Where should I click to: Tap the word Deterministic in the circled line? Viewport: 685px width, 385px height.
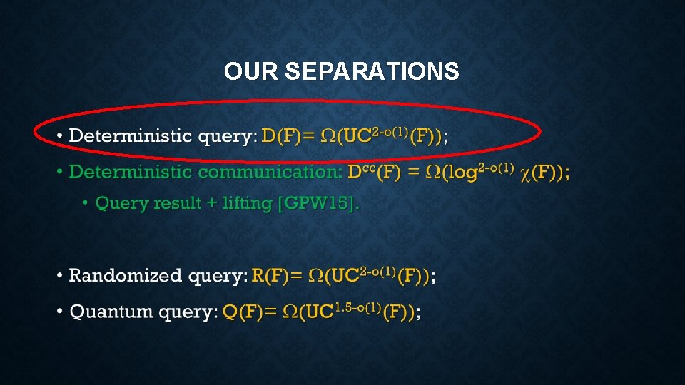pyautogui.click(x=131, y=135)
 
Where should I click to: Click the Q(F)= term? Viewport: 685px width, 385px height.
pyautogui.click(x=249, y=312)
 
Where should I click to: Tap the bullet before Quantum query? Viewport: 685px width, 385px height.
pyautogui.click(x=60, y=311)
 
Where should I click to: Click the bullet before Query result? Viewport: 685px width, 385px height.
pyautogui.click(x=86, y=203)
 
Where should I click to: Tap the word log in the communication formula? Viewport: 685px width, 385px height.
pyautogui.click(x=465, y=173)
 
